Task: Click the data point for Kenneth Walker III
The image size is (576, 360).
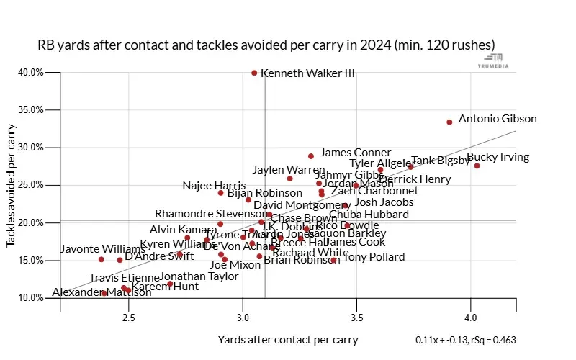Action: coord(254,73)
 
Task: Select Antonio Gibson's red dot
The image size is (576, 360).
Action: coord(449,122)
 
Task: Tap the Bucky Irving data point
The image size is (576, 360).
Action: coord(477,166)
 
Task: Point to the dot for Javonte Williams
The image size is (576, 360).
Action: coord(102,259)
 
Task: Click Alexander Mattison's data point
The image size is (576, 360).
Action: coord(104,293)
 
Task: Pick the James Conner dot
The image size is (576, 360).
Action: coord(311,156)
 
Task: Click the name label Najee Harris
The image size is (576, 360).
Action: coord(214,186)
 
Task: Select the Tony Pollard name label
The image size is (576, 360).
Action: coord(374,257)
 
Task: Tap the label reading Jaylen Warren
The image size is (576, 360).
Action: coord(289,170)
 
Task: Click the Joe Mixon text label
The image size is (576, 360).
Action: coord(235,264)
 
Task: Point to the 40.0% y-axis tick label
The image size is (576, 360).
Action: coord(30,73)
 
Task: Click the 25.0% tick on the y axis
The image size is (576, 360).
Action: coord(30,185)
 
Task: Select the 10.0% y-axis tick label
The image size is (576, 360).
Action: coord(30,297)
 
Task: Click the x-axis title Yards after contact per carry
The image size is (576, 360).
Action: coord(287,340)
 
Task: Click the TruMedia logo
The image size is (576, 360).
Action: coord(494,60)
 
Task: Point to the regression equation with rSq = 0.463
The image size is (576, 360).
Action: coord(465,341)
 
